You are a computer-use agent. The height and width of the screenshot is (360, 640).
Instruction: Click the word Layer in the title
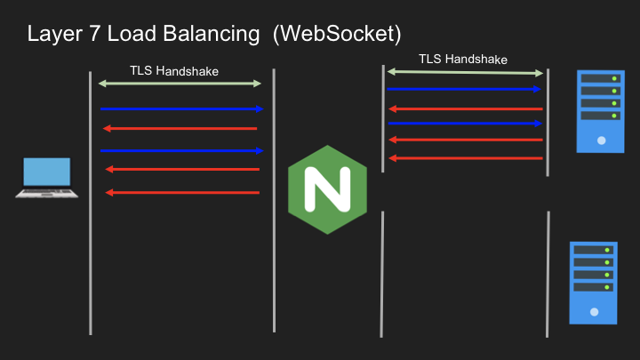coord(55,35)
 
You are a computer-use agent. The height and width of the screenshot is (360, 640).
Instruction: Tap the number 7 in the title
coord(95,34)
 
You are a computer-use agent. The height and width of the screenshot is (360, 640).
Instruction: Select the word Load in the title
coord(132,34)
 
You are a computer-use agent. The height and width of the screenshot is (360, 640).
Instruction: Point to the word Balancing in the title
coord(212,35)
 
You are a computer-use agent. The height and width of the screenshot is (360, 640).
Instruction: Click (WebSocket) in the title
coord(337,35)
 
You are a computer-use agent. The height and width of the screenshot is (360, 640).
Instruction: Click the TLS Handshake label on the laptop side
coord(174,71)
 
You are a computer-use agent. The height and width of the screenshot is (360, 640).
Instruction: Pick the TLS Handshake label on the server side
coord(463,60)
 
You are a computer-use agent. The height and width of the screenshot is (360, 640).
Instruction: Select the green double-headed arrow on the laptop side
coord(180,84)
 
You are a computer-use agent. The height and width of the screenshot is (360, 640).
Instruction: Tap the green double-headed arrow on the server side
coord(465,73)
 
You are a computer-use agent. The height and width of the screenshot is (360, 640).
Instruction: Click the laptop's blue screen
coord(47,172)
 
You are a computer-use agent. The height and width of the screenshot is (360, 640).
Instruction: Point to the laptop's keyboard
coord(46,192)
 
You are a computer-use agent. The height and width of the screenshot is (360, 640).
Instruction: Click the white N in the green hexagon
coord(328,189)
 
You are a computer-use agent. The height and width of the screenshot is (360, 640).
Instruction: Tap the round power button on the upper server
coord(601,140)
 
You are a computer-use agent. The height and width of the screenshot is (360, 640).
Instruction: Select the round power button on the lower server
coord(595,312)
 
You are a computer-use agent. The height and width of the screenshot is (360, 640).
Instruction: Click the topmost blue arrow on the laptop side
coord(182,109)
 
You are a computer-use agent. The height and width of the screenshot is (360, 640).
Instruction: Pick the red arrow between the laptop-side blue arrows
coord(180,129)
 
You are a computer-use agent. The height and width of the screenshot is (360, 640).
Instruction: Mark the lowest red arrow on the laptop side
coord(182,193)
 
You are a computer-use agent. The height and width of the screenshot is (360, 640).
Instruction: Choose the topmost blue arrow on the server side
coord(464,89)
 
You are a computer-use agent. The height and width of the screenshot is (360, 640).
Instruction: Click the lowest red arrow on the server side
coord(466,158)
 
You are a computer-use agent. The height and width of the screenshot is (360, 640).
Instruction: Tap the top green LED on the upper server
coord(614,78)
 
